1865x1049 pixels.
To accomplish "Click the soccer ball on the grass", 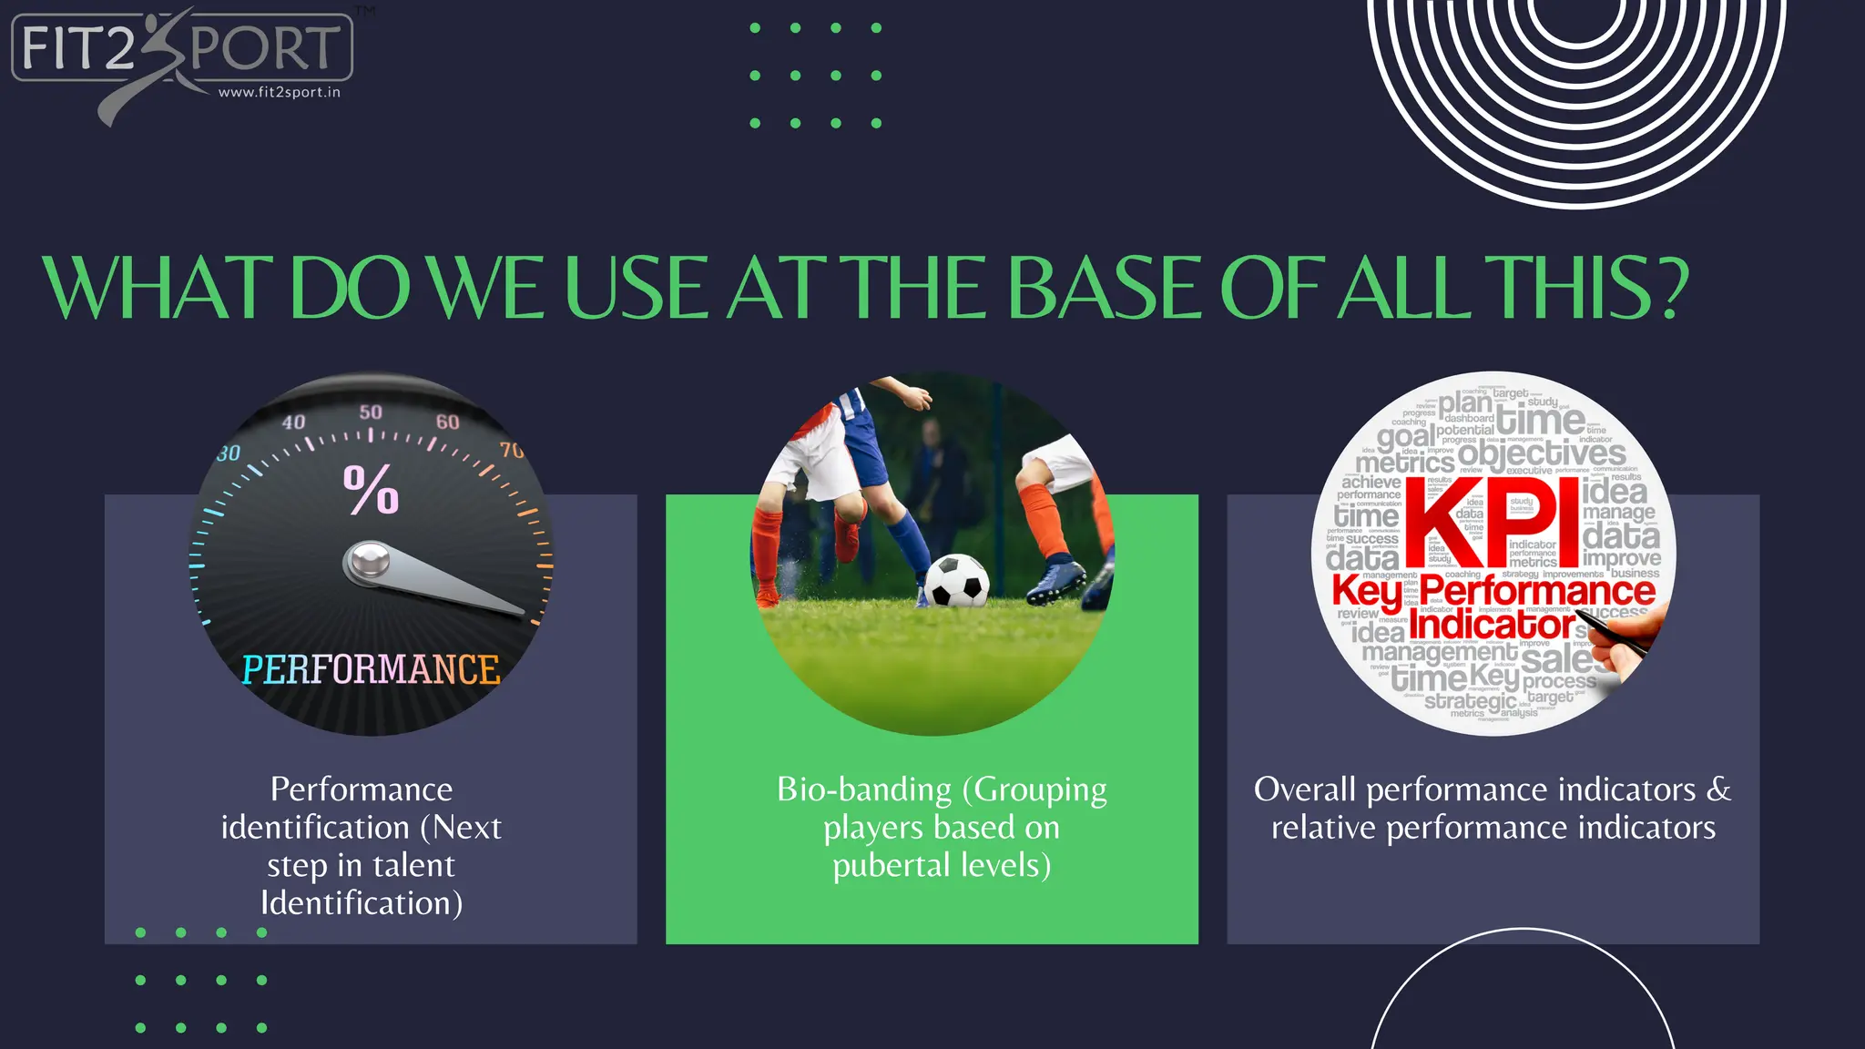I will tap(956, 580).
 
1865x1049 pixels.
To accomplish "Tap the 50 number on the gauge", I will tap(371, 412).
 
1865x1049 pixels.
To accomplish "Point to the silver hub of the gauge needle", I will tap(370, 561).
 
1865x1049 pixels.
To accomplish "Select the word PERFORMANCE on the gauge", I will tap(371, 670).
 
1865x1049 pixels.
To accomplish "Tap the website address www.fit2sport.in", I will tap(280, 92).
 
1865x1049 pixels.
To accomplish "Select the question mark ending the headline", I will tap(1671, 288).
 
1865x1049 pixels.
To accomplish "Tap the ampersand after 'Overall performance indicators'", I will tap(1718, 789).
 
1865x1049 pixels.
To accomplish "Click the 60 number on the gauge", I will tap(447, 422).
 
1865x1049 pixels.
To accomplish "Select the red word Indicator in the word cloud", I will tap(1492, 625).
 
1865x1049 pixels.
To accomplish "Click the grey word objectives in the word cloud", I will tap(1541, 453).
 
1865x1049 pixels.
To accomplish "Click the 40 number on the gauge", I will tap(293, 423).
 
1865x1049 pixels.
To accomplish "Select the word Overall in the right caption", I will tap(1305, 789).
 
